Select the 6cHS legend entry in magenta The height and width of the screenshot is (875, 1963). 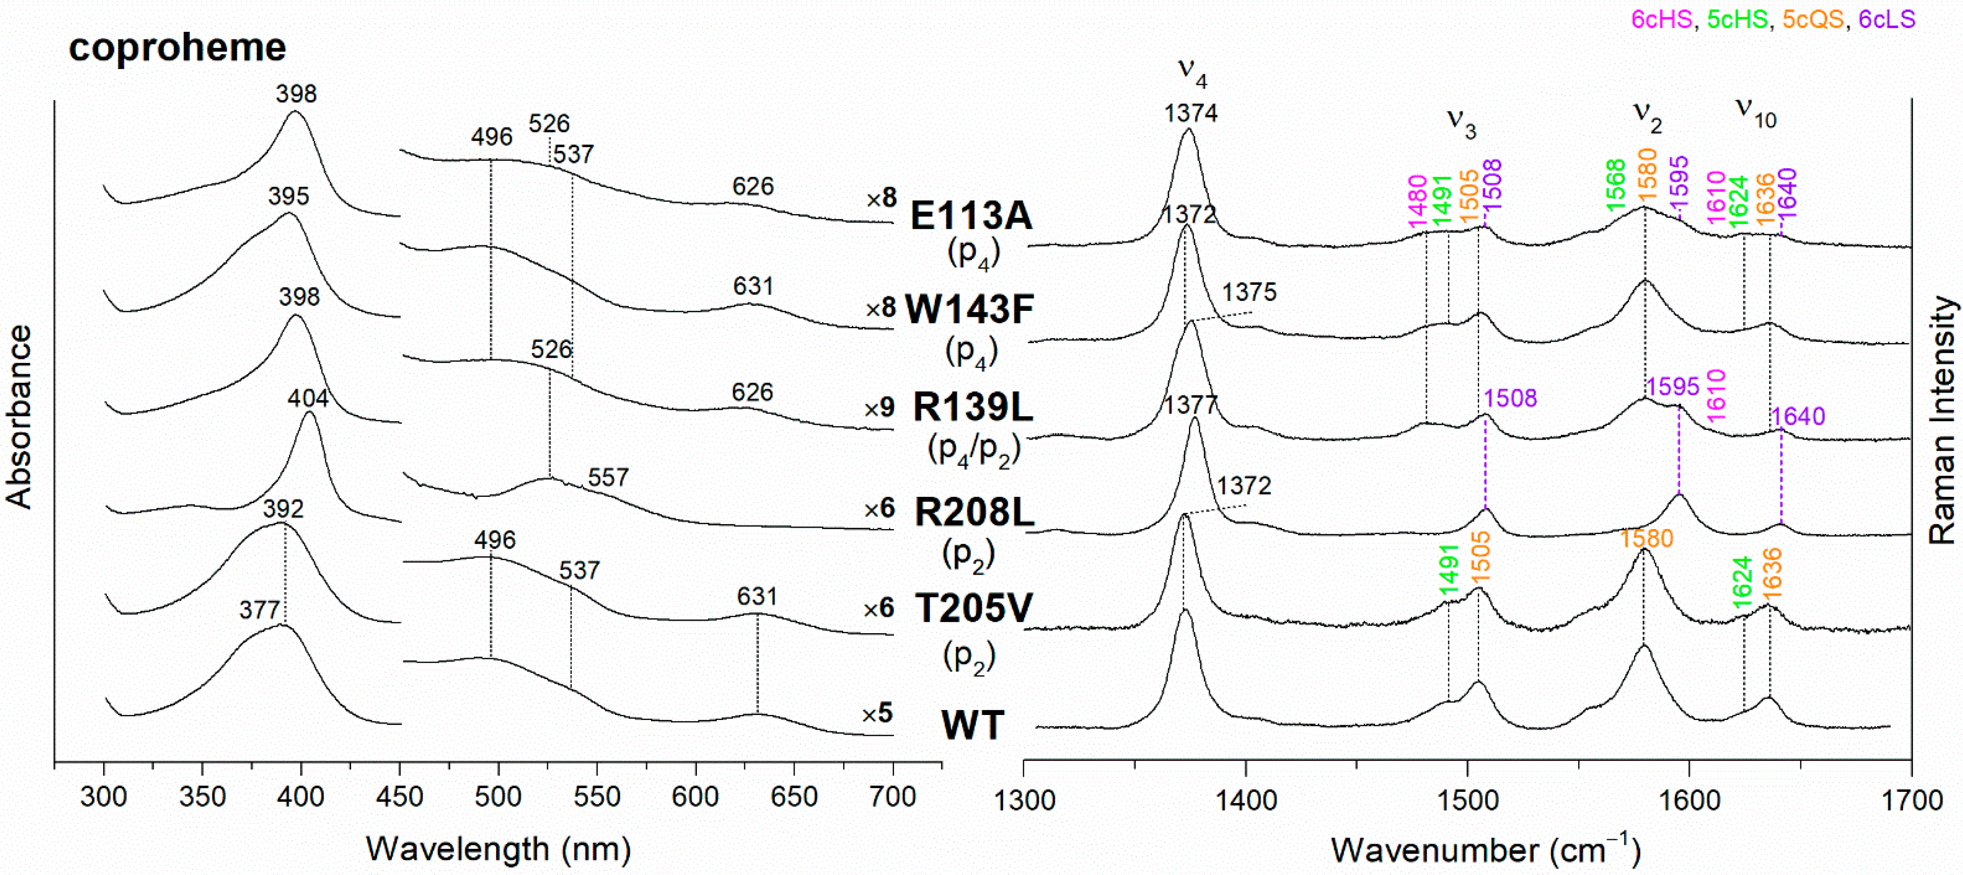[1662, 19]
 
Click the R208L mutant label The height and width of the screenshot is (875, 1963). [974, 512]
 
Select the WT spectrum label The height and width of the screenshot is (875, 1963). [972, 725]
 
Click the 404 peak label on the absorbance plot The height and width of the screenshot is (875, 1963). [308, 398]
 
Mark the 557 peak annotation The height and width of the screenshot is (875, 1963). [608, 478]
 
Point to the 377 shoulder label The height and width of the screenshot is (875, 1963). [260, 610]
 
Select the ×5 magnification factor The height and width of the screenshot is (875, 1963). [877, 714]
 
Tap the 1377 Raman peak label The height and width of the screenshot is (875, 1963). [1190, 404]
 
